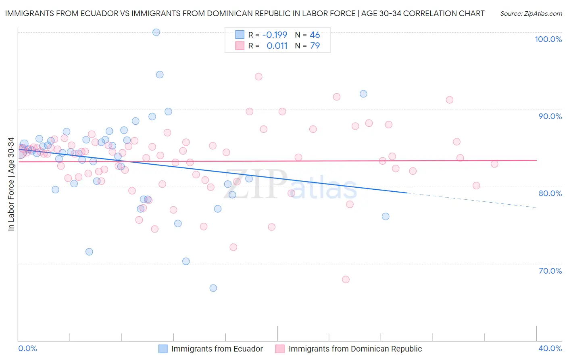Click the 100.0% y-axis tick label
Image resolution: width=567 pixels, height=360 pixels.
coord(548,39)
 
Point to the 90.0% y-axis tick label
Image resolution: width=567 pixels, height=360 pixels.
coord(550,116)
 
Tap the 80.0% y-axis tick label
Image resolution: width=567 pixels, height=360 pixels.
coord(550,193)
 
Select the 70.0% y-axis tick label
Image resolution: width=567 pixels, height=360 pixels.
coord(550,271)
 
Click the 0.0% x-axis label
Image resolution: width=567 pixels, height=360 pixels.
coord(27,348)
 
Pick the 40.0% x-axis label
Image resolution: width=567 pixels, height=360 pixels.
coord(550,348)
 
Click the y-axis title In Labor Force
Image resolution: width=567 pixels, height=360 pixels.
coord(11,184)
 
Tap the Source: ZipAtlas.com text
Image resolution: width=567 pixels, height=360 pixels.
coord(531,14)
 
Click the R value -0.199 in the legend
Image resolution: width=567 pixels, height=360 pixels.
coord(275,35)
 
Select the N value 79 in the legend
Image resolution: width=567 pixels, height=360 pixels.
coord(315,46)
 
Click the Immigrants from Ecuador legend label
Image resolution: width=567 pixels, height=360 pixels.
coord(217,349)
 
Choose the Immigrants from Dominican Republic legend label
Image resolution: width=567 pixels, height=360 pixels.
coord(355,349)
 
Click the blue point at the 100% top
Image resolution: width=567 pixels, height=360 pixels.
coord(156,32)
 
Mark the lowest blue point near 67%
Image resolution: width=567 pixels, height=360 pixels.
coord(213,288)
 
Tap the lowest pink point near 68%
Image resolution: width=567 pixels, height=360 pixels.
coord(346,280)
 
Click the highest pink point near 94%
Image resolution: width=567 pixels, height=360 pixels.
coord(258,77)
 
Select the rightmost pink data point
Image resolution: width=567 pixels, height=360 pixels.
coord(494,164)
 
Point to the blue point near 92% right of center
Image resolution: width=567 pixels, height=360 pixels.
coord(363,94)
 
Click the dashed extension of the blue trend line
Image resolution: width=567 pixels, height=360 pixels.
coord(472,200)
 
